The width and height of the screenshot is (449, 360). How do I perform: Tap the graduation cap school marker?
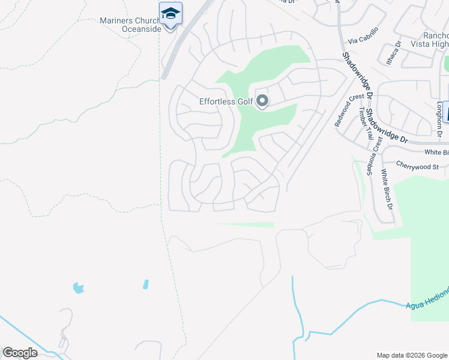point(170,14)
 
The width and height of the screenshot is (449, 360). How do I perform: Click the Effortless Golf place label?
point(226,101)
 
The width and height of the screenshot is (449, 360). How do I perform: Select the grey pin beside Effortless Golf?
point(262,101)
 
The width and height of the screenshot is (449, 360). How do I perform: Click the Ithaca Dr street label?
point(394,53)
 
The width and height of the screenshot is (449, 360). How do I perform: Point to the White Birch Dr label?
point(387,189)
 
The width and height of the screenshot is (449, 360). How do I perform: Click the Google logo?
point(20,352)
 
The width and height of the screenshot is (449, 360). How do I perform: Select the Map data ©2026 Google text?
point(411,355)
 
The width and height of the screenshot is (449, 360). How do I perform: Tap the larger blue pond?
point(78,288)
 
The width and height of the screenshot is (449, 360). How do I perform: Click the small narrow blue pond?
point(146,284)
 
